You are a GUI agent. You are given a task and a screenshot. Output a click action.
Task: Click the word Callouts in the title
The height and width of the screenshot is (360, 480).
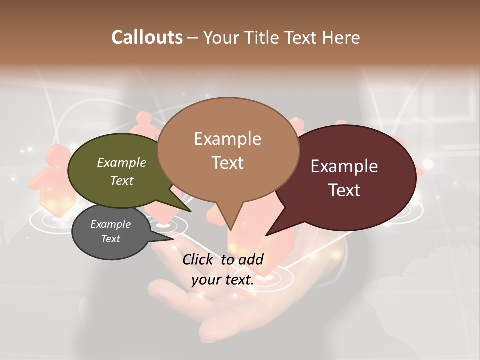point(147,37)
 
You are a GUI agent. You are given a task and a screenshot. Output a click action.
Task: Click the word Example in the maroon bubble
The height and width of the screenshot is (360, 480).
point(344,166)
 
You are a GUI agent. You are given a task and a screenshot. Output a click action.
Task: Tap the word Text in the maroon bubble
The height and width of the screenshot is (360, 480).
point(345,190)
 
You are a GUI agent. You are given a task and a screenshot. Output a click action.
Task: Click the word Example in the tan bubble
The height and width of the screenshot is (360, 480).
point(227,139)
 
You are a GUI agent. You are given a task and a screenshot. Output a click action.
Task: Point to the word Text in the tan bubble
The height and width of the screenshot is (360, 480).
point(228,163)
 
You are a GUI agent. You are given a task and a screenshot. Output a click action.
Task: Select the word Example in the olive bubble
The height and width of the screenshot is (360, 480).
point(121,162)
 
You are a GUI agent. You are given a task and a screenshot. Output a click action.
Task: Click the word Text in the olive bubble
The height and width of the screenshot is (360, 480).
point(122,180)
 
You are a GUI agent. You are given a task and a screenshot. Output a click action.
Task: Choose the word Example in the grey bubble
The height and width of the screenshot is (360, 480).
point(110,224)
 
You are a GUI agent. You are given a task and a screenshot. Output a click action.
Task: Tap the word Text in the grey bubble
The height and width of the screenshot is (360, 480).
point(110,239)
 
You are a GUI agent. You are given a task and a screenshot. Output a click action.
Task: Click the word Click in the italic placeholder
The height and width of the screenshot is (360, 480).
point(198,260)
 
